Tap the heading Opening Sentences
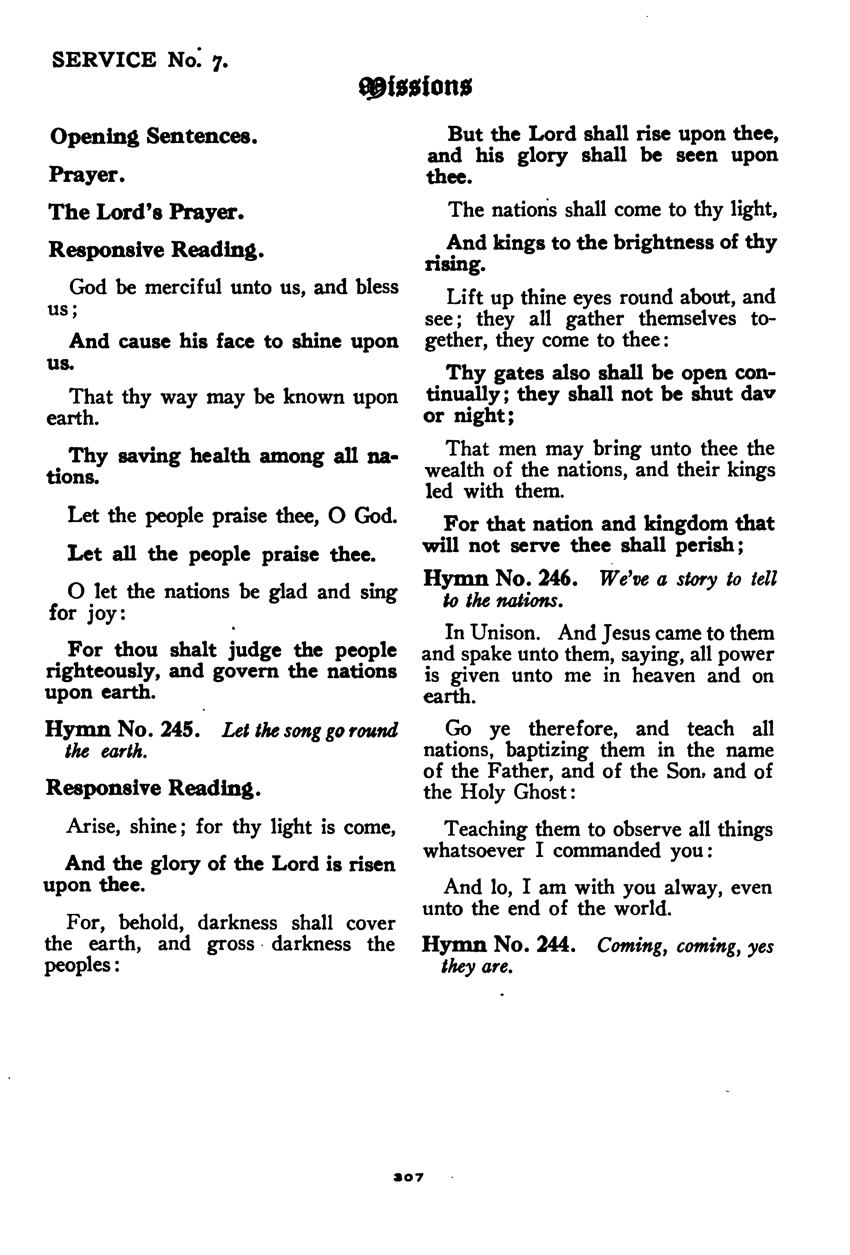click(x=153, y=137)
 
